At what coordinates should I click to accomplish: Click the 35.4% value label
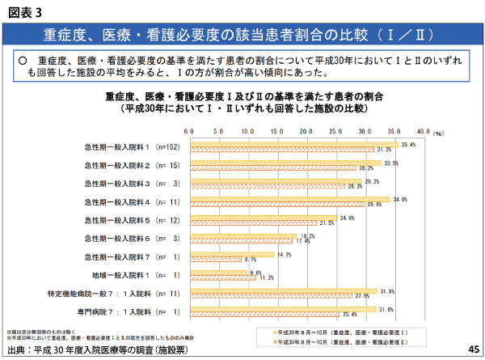pos(408,144)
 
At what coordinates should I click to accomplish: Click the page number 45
pos(473,349)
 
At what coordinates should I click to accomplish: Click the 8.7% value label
pos(250,260)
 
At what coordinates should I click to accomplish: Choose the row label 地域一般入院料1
pos(130,275)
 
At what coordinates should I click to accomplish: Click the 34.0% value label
pos(399,199)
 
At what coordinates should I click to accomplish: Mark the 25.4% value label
pos(349,315)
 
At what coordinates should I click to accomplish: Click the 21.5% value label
pos(326,222)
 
